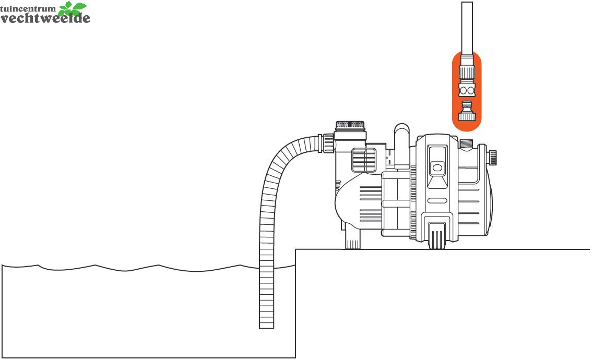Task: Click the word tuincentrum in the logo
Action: (x=28, y=8)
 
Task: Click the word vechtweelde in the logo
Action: (x=45, y=18)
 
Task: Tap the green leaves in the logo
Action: (x=73, y=8)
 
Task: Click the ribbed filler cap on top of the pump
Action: (x=350, y=125)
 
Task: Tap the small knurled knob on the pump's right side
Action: (x=492, y=155)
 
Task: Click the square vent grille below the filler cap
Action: (x=364, y=160)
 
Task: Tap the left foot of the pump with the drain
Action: (x=352, y=239)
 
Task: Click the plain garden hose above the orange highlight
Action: (x=466, y=26)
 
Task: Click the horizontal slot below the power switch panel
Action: (x=436, y=200)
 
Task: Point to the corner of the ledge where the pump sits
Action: (x=297, y=250)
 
